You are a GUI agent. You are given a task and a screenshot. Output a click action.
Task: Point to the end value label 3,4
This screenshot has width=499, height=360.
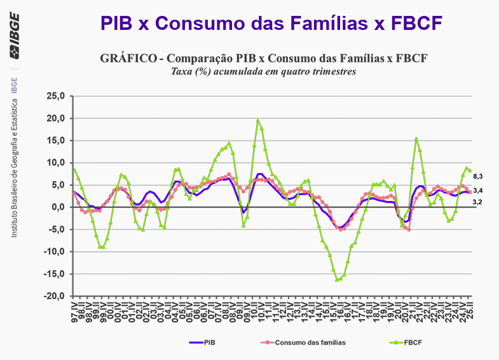479,190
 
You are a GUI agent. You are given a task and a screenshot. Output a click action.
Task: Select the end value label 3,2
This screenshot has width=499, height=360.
479,202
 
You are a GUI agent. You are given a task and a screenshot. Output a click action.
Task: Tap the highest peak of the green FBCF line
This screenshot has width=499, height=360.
257,120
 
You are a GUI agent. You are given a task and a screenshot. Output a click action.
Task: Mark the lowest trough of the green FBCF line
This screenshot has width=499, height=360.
338,279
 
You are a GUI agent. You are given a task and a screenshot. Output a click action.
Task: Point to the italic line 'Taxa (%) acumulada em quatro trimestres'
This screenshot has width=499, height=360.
263,71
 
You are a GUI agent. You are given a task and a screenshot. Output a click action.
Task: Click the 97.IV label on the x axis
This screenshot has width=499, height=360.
75,312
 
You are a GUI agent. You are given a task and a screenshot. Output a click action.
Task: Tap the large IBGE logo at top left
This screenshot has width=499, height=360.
14,46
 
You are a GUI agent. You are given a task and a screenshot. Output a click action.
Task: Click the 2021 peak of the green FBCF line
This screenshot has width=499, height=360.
416,139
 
